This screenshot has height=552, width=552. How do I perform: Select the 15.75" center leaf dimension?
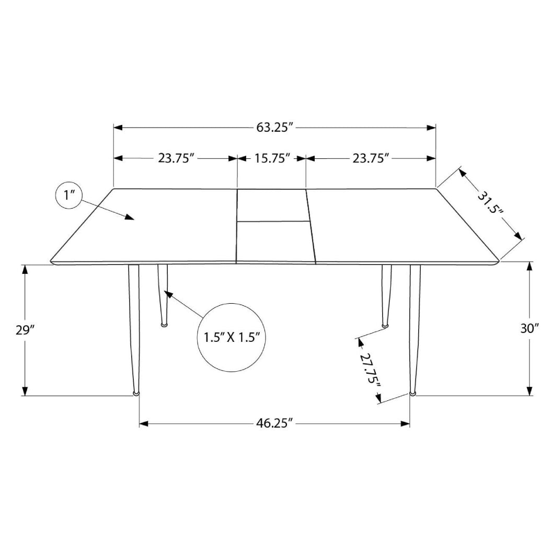point(271,158)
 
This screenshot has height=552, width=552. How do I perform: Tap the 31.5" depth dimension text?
point(490,203)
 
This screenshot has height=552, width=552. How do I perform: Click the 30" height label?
point(529,328)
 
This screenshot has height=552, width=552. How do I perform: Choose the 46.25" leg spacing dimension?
point(273,423)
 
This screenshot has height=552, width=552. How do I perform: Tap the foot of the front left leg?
point(136,392)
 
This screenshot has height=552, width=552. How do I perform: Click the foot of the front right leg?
point(413,392)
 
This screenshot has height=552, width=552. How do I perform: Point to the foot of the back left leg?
point(164,325)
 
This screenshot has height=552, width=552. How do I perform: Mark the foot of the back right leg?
point(386,326)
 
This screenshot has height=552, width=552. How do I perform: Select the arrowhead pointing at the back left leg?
point(168,293)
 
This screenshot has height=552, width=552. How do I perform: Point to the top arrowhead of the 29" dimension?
point(25,269)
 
